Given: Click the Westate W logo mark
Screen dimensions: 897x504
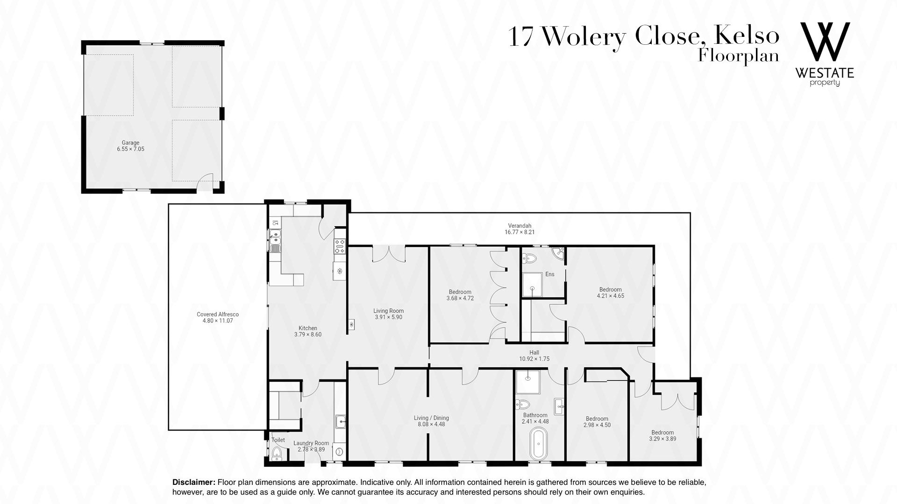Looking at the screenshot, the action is [x=825, y=42].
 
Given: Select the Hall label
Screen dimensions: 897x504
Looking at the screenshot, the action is [x=534, y=353].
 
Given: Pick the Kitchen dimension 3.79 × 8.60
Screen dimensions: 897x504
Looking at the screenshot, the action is [x=308, y=335].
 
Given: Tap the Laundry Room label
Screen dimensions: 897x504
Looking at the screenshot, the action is [x=311, y=443].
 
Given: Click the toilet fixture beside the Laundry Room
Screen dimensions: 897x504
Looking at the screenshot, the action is [x=277, y=453].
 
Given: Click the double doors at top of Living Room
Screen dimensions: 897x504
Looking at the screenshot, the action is [x=388, y=254].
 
